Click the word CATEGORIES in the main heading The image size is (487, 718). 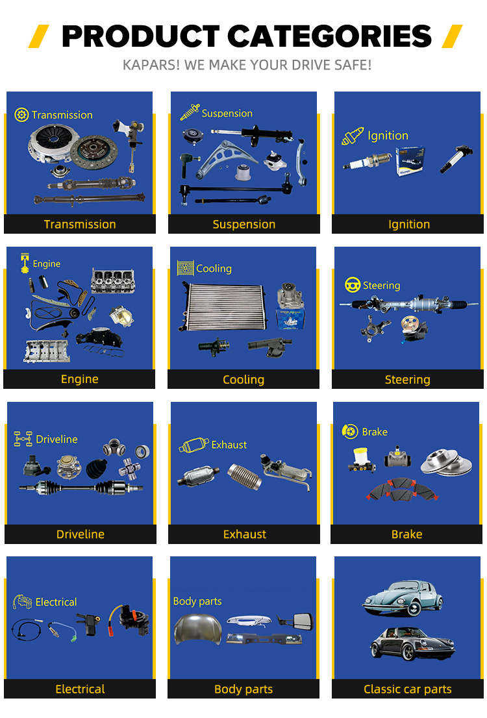pyautogui.click(x=329, y=36)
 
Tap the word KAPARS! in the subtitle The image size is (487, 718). pyautogui.click(x=151, y=65)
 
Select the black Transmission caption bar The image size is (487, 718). pyautogui.click(x=80, y=224)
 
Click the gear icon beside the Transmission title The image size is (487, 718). pyautogui.click(x=21, y=114)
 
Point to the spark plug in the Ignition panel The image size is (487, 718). pyautogui.click(x=368, y=161)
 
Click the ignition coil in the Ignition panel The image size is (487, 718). pyautogui.click(x=455, y=158)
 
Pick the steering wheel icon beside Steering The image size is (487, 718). pyautogui.click(x=353, y=285)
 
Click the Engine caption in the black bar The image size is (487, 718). pyautogui.click(x=80, y=379)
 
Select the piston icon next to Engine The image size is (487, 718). pyautogui.click(x=25, y=263)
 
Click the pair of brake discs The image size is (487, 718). pyautogui.click(x=446, y=462)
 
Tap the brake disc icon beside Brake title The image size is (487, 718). pyautogui.click(x=349, y=431)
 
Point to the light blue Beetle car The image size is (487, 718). pyautogui.click(x=403, y=597)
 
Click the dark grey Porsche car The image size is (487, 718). pyautogui.click(x=412, y=643)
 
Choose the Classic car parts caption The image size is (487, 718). pyautogui.click(x=408, y=689)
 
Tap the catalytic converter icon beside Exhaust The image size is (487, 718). pyautogui.click(x=194, y=445)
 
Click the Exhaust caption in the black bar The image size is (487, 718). pyautogui.click(x=245, y=534)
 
